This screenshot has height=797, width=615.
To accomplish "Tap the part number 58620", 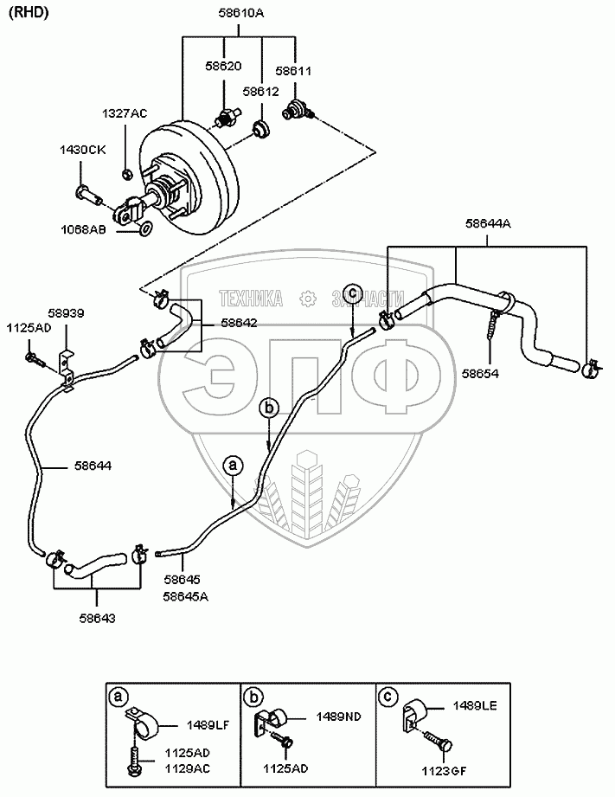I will coord(223,66).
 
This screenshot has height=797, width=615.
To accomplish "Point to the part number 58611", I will coord(293,71).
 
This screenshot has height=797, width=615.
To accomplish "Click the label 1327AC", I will coord(125,112).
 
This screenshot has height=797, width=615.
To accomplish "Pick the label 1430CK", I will coord(82,150).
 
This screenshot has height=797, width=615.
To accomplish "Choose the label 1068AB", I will coord(83,230).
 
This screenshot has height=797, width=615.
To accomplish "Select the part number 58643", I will coord(96,618).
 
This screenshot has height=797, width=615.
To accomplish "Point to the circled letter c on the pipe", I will coord(351,292).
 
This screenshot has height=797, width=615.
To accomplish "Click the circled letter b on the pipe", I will coord(269,406).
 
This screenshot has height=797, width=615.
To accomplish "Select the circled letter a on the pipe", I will coord(233,465).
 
